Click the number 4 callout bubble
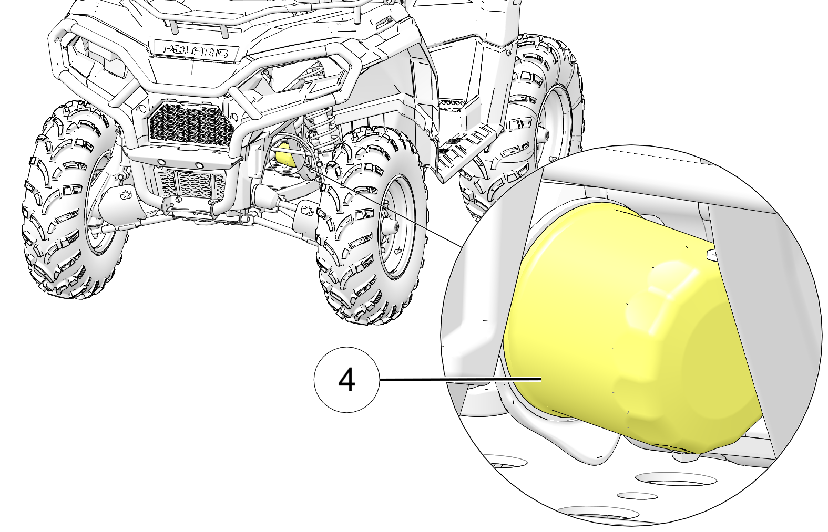coord(347,380)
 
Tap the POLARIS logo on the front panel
coord(196,51)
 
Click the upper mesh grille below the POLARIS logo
coord(190,121)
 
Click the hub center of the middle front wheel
coord(392,226)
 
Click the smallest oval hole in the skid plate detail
coord(637,496)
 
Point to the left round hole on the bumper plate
coord(161,162)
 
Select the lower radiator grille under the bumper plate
coord(190,184)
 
